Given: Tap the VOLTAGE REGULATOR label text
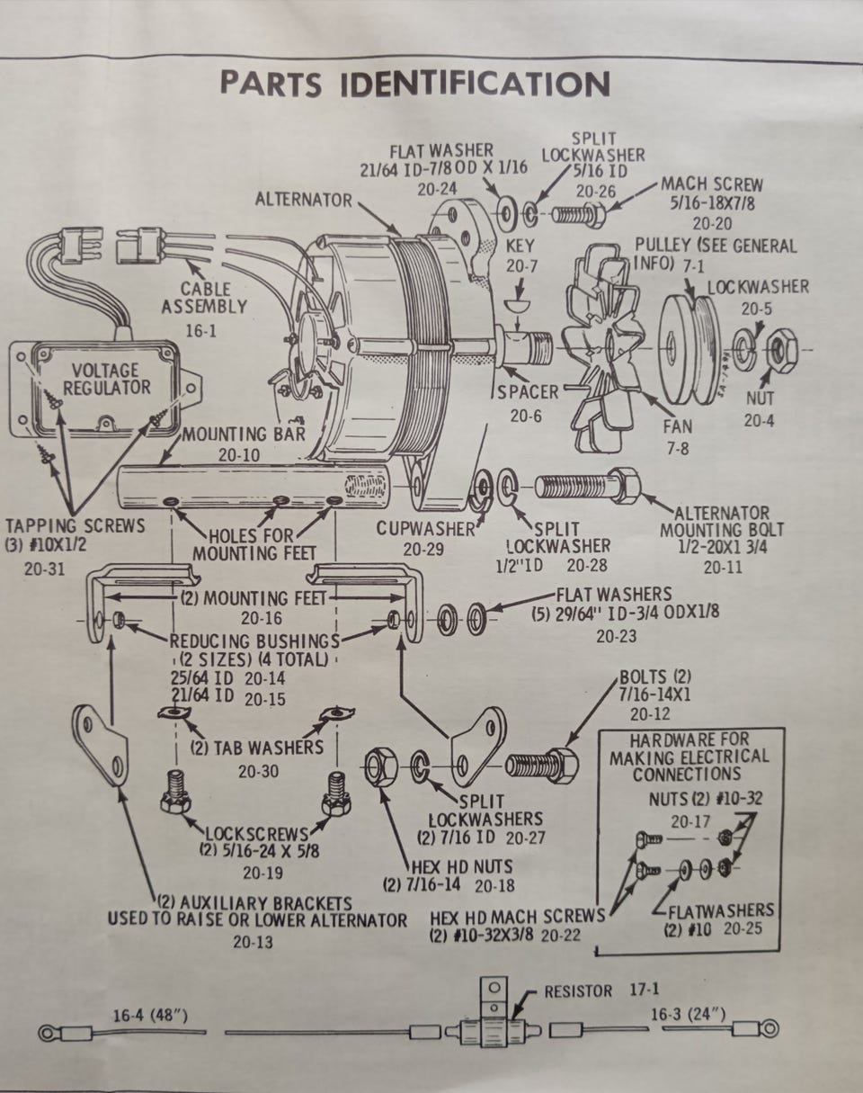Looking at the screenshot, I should pyautogui.click(x=105, y=379).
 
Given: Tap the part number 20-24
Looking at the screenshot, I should pyautogui.click(x=437, y=189).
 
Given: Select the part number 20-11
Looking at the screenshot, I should pyautogui.click(x=723, y=567).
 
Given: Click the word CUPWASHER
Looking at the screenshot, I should pyautogui.click(x=424, y=528).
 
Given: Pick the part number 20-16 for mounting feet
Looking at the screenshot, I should pyautogui.click(x=262, y=618).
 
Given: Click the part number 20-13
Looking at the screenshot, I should pyautogui.click(x=254, y=943).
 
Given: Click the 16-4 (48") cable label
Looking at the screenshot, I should pyautogui.click(x=150, y=1015).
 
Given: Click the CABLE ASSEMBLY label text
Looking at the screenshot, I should pyautogui.click(x=204, y=298).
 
